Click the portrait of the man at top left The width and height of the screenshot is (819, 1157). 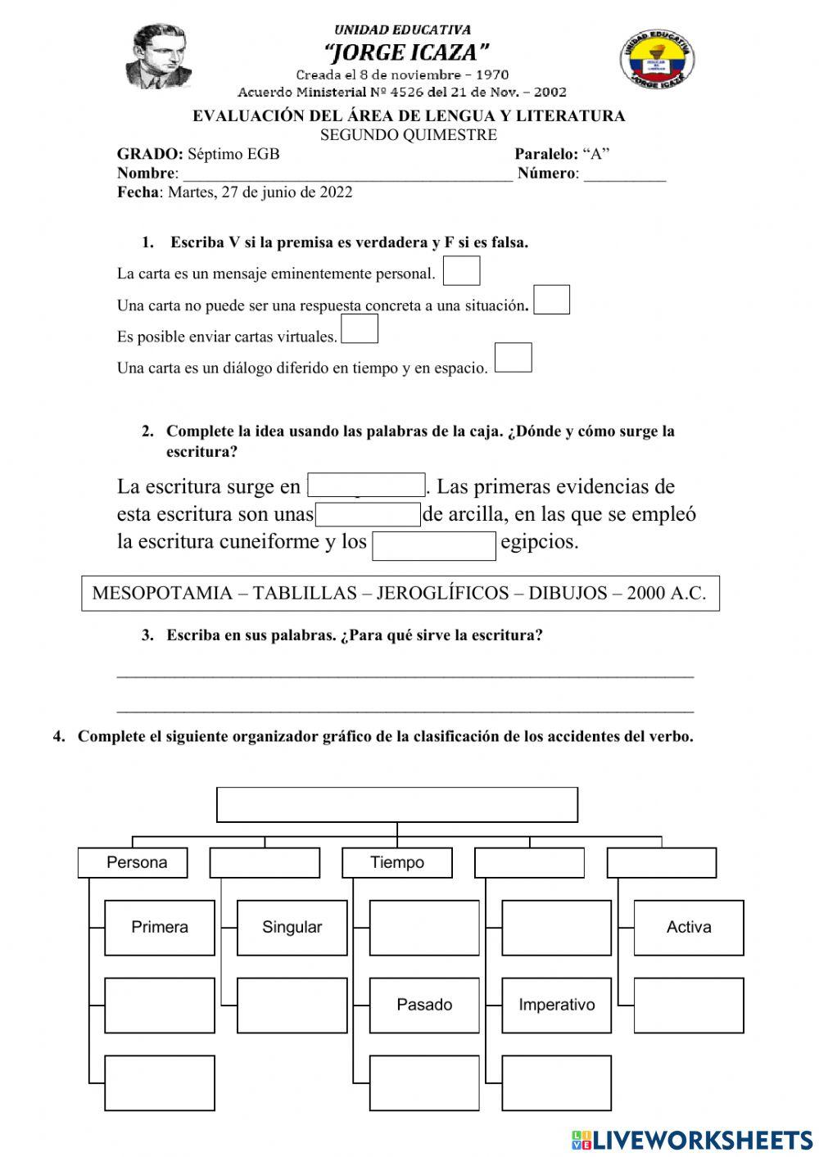pos(160,57)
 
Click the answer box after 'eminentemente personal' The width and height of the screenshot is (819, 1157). pos(461,271)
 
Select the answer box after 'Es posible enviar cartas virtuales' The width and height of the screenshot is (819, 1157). pos(360,329)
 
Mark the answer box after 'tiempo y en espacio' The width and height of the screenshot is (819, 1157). pos(514,358)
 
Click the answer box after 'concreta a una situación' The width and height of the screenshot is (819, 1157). pos(551,300)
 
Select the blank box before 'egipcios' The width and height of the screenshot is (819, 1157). pos(434,546)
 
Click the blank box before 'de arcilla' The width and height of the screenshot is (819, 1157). pos(368,515)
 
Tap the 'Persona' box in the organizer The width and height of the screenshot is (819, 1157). pos(133,862)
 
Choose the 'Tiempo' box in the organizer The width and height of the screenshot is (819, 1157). pos(397,862)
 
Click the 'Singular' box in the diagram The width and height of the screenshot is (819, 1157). pos(292,928)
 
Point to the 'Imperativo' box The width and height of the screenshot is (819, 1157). pos(556,1005)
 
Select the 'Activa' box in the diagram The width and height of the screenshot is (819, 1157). pos(689,928)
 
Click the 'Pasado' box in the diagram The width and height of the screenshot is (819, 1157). pos(424,1005)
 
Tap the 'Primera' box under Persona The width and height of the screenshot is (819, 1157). pos(160,928)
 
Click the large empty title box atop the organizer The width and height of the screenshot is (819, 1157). pos(397,805)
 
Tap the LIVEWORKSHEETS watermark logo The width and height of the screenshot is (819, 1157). pos(692,1139)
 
